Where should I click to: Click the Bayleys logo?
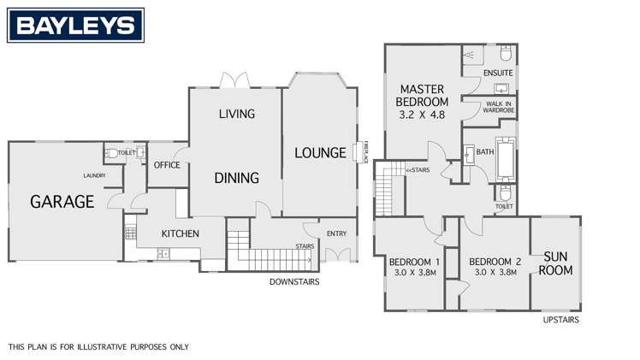coord(75,26)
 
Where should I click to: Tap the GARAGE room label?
coord(62,202)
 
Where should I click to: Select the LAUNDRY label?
coord(94,176)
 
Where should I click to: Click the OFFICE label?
coord(166,165)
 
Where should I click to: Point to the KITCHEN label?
coord(181,233)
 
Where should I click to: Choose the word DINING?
coord(237,179)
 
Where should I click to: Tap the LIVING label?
coord(237,114)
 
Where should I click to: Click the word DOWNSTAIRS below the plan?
coord(294,281)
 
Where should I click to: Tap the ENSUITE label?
coord(497,74)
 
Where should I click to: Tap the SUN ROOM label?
coord(554,263)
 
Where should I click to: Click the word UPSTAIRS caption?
coord(561,320)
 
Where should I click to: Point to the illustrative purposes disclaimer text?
coord(98,347)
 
